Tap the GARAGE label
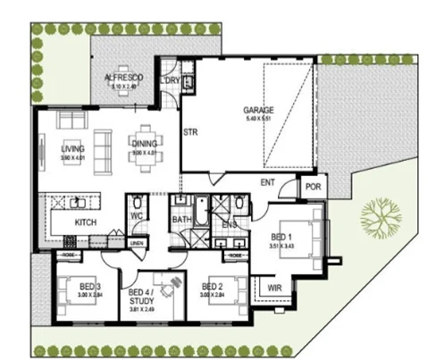click(258, 111)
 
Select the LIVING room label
click(72, 149)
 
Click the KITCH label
click(85, 222)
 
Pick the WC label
click(138, 215)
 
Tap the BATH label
click(181, 218)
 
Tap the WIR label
click(274, 288)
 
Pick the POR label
click(312, 188)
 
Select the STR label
click(189, 132)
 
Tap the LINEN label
click(136, 243)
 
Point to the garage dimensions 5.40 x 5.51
click(258, 119)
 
